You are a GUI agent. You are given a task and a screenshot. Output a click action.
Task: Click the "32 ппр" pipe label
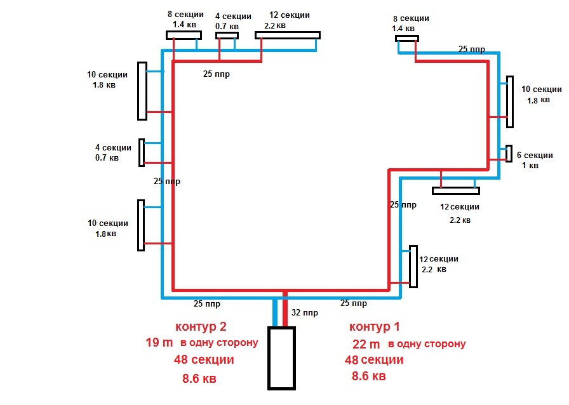click(304, 313)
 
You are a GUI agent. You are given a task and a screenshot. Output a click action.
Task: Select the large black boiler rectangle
click(281, 357)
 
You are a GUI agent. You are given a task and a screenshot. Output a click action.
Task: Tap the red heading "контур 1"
click(375, 327)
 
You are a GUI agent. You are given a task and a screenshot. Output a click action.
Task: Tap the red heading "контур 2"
click(201, 327)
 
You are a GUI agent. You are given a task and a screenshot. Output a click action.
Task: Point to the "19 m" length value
click(159, 343)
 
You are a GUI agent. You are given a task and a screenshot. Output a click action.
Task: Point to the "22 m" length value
click(366, 344)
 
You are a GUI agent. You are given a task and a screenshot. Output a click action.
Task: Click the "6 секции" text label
click(535, 156)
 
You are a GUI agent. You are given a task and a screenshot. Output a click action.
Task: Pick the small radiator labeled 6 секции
click(509, 154)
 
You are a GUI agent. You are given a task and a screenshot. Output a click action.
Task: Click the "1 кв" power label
click(530, 166)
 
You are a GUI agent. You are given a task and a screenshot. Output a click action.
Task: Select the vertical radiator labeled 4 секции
click(142, 152)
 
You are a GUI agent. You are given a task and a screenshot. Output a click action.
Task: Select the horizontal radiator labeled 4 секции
click(227, 36)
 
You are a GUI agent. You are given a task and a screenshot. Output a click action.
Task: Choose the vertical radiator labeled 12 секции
click(413, 266)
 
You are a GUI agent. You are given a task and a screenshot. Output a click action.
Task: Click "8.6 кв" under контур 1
click(368, 376)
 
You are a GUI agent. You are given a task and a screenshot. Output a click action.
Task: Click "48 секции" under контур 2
click(204, 360)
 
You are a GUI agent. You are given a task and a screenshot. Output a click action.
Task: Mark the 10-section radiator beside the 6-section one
click(509, 102)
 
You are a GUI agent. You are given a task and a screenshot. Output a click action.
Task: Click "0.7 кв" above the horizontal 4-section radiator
click(227, 26)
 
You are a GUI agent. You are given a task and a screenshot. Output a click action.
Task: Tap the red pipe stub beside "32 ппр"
click(285, 311)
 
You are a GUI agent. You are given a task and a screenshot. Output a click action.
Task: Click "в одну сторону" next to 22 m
click(427, 344)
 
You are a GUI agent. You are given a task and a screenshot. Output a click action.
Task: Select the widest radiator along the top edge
click(288, 35)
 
